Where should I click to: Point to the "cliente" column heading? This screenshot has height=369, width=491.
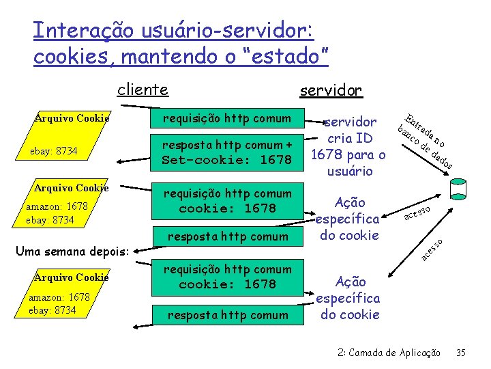pos(143,90)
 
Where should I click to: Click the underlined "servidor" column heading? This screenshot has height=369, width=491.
pos(331,90)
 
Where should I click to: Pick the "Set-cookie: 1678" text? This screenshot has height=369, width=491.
pos(226,161)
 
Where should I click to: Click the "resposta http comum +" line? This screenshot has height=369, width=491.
pos(226,145)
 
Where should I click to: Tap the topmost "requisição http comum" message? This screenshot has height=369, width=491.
pos(226,118)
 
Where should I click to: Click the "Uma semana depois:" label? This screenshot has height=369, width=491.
pos(77,251)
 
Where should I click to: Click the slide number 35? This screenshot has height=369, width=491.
pos(461,353)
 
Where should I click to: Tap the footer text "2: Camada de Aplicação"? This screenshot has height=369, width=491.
pos(389,353)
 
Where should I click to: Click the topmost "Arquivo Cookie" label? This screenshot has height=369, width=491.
pos(72,118)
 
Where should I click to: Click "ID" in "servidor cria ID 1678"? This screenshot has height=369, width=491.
pos(365,138)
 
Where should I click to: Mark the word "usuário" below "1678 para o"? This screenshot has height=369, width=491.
pos(348,171)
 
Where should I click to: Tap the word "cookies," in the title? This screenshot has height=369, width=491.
pos(73,56)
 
